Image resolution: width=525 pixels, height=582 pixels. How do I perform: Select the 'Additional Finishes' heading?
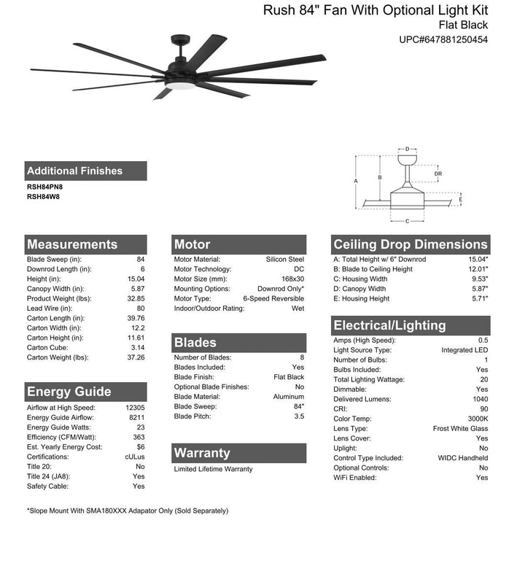coord(74,171)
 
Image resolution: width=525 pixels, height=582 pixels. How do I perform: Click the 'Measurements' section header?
coord(72,244)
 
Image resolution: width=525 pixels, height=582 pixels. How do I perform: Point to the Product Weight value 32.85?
coord(136,298)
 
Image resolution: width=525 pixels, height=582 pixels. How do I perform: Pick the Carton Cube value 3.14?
coord(137,347)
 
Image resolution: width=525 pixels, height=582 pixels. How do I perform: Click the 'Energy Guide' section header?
coord(69,392)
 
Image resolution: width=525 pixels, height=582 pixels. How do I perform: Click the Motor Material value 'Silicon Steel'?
coord(285,260)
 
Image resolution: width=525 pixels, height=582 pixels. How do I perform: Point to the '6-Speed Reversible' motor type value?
coord(273,299)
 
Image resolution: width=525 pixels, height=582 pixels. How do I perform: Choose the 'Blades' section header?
coord(195,342)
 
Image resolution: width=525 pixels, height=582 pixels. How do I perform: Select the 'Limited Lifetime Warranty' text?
coord(213,469)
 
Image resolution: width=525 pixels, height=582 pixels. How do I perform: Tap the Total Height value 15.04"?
coord(478,260)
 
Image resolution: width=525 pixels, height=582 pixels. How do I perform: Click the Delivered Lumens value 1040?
coord(479,399)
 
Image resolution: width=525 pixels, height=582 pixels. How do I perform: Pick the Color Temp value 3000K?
coord(478,419)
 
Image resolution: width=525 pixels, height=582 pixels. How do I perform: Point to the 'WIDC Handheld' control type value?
coord(463,458)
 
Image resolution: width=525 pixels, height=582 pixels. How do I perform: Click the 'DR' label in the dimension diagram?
coord(437,174)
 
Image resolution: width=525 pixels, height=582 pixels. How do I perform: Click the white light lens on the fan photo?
coord(180,86)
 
